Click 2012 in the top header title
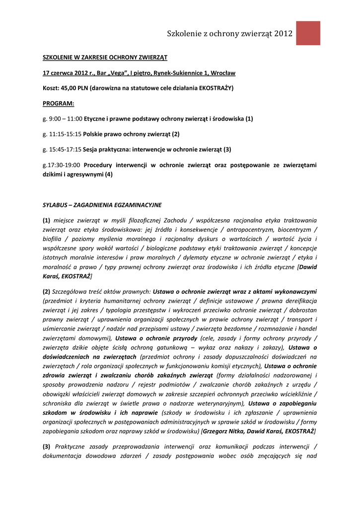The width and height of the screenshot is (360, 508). (x=281, y=34)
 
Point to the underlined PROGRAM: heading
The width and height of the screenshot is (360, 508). (x=58, y=104)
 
